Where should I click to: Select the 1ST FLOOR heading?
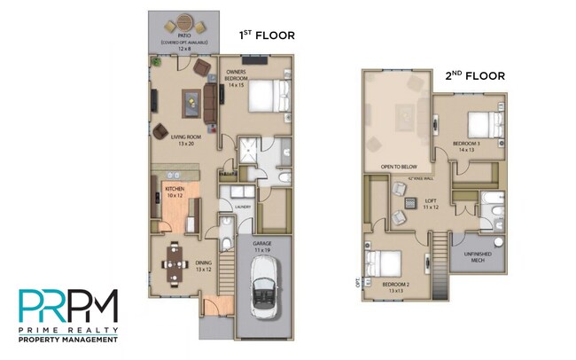point(267,35)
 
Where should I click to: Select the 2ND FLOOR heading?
point(475,76)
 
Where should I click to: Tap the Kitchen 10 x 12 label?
point(175,191)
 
